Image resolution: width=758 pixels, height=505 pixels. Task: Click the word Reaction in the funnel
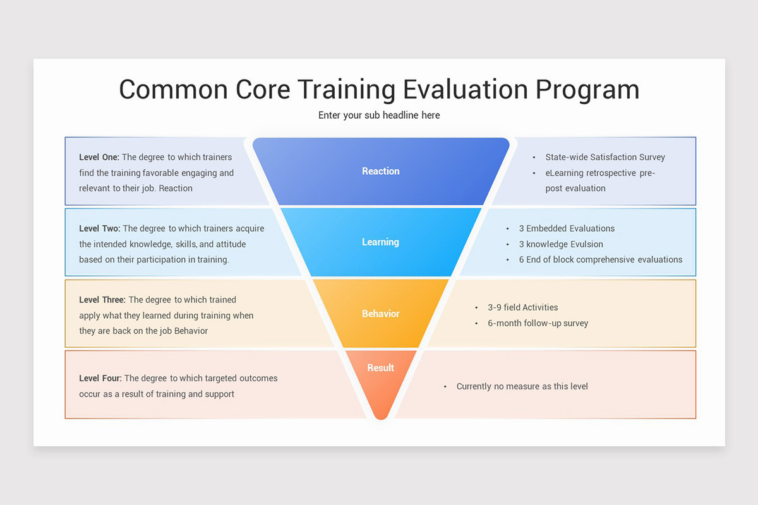[380, 171]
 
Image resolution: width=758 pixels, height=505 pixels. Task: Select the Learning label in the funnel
[380, 242]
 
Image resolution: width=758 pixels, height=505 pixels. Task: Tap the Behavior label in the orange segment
[380, 314]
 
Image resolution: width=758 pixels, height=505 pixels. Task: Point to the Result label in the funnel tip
[380, 368]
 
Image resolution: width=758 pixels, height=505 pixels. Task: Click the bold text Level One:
[99, 157]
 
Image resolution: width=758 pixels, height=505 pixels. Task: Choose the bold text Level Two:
[100, 229]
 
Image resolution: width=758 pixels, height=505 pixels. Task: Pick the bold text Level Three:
[102, 300]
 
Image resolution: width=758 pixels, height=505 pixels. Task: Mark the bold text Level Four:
[100, 378]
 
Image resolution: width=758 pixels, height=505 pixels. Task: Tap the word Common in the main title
[172, 89]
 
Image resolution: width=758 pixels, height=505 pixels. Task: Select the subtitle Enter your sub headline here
[379, 115]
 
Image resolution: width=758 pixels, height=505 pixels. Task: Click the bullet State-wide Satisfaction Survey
[605, 157]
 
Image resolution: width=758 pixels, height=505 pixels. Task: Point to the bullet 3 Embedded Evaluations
[567, 229]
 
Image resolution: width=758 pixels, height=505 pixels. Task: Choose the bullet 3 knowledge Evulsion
[561, 244]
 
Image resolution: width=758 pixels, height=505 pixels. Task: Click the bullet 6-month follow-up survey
[538, 323]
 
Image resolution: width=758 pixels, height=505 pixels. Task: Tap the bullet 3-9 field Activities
[522, 307]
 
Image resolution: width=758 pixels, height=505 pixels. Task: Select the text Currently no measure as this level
[522, 386]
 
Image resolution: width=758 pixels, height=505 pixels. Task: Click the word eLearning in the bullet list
[565, 173]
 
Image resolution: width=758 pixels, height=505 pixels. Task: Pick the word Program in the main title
[587, 89]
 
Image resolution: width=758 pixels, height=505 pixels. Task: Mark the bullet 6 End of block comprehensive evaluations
[600, 259]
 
